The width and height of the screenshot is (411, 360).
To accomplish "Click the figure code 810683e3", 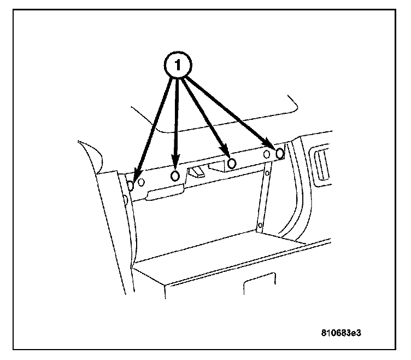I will [x=342, y=332].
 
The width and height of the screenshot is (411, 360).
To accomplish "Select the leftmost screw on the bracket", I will [x=131, y=185].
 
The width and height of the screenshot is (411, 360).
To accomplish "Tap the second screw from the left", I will [x=175, y=176].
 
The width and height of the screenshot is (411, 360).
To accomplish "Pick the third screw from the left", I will [x=231, y=164].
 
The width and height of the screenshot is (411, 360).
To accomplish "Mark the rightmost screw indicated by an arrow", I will [x=280, y=154].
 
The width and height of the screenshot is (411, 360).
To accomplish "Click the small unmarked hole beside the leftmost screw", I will [x=141, y=181].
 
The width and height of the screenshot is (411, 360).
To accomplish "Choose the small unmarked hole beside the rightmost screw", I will [x=267, y=155].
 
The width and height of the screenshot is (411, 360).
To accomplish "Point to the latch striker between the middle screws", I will [x=197, y=173].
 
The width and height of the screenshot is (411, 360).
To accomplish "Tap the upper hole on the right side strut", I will [x=267, y=174].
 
